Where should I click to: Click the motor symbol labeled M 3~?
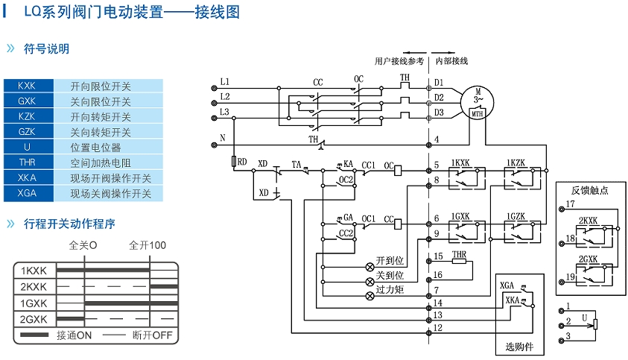pos(478,98)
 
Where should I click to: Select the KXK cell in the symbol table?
pos(27,86)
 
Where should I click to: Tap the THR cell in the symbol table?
pos(27,162)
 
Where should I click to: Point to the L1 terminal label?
pos(225,80)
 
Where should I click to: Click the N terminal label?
pos(223,138)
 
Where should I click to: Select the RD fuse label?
pos(242,161)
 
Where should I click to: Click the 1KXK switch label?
pos(460,162)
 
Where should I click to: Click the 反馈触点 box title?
pos(590,191)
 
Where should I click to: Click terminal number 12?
pos(438,328)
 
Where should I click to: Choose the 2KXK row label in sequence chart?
pos(34,287)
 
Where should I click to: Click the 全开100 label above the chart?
pos(148,245)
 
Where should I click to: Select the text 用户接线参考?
pos(399,60)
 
